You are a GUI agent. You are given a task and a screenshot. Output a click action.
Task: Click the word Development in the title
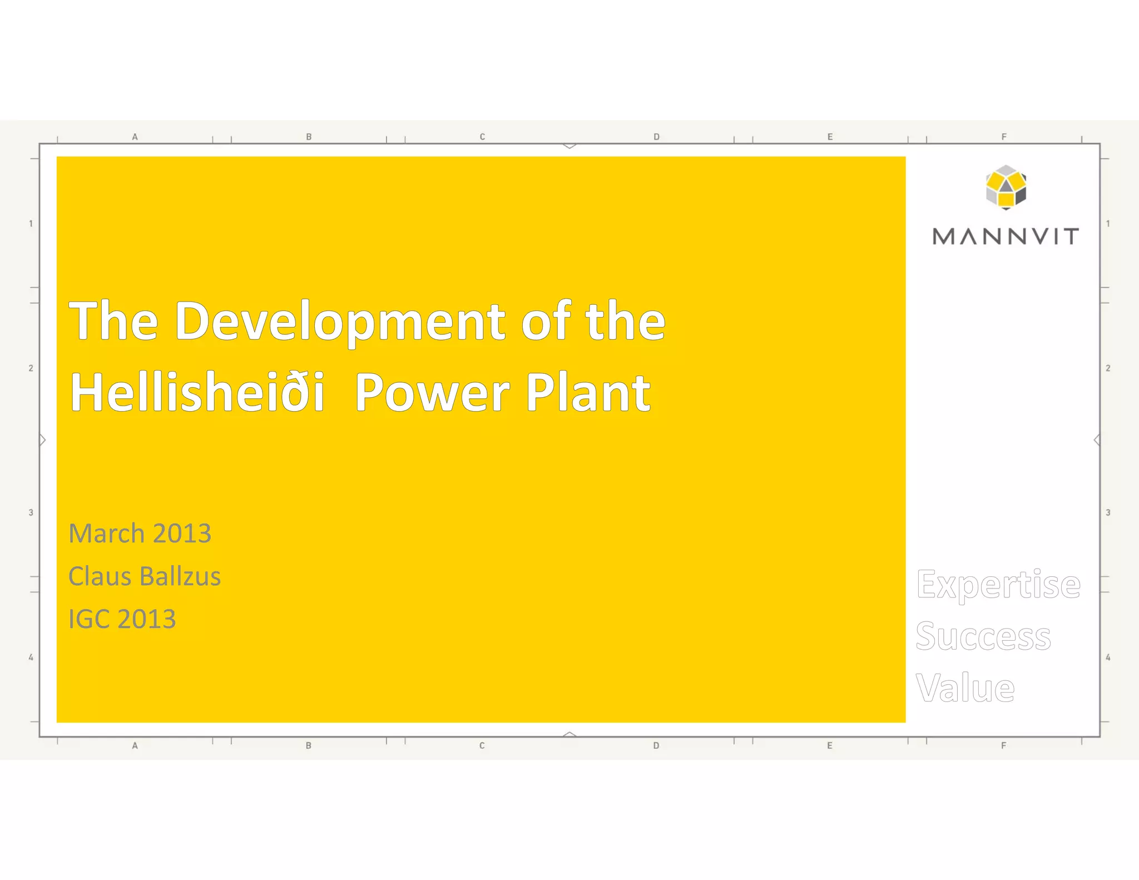pos(340,322)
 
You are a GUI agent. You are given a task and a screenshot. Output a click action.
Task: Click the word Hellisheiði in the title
pos(197,392)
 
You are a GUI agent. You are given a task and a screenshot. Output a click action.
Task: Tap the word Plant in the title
pos(588,392)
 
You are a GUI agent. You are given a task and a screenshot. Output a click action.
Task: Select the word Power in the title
pos(432,392)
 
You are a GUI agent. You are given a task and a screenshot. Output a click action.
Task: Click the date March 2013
pos(140,533)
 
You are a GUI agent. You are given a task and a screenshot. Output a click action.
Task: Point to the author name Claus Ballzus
pos(145,576)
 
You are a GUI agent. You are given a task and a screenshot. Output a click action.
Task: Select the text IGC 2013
pos(122,619)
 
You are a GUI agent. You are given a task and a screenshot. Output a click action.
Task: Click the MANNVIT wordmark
pos(1006,236)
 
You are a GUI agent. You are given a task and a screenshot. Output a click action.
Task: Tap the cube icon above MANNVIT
pos(1006,187)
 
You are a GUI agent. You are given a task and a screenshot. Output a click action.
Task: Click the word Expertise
pos(998,585)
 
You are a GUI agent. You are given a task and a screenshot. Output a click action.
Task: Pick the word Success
pos(983,636)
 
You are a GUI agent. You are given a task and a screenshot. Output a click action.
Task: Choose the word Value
pos(965,688)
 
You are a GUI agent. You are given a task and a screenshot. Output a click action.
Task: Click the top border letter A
pos(135,137)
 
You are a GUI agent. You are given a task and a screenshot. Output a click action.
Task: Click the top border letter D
pos(656,137)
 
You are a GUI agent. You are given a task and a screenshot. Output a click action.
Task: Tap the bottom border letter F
pos(1004,745)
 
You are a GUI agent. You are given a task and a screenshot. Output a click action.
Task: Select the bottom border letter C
pos(482,745)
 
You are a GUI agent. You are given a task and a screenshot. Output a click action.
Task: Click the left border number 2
pos(31,368)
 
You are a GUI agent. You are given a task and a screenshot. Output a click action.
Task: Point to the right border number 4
pos(1108,657)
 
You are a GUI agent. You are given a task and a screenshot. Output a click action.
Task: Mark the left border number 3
pos(31,512)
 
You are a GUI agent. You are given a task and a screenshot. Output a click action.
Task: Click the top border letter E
pos(830,137)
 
